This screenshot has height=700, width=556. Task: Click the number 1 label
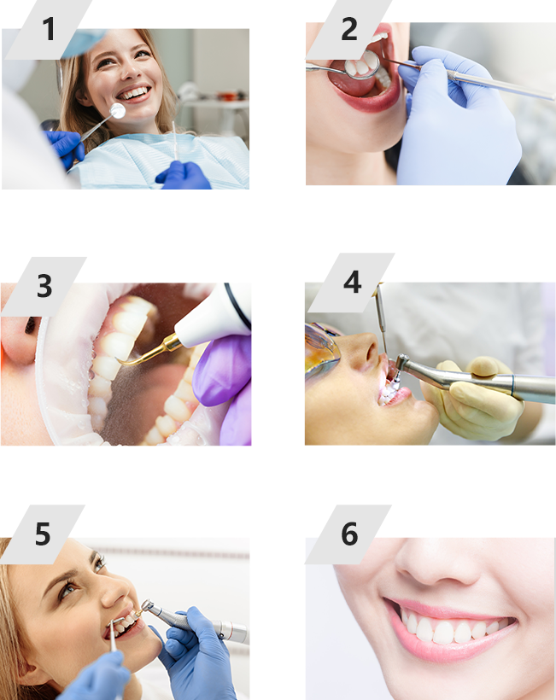pyautogui.click(x=48, y=30)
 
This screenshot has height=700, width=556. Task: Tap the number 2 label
pyautogui.click(x=349, y=30)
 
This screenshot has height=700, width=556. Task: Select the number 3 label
pyautogui.click(x=44, y=286)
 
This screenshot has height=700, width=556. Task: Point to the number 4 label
pyautogui.click(x=353, y=283)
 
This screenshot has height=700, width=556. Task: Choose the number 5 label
pyautogui.click(x=43, y=534)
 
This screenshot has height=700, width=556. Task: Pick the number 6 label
pyautogui.click(x=349, y=534)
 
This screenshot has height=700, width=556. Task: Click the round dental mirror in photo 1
pyautogui.click(x=118, y=111)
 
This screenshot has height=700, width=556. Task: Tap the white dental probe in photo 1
pyautogui.click(x=174, y=140)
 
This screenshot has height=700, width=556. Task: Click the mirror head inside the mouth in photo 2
pyautogui.click(x=362, y=65)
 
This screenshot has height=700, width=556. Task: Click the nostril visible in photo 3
pyautogui.click(x=31, y=326)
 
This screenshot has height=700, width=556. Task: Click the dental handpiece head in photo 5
pyautogui.click(x=147, y=606)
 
